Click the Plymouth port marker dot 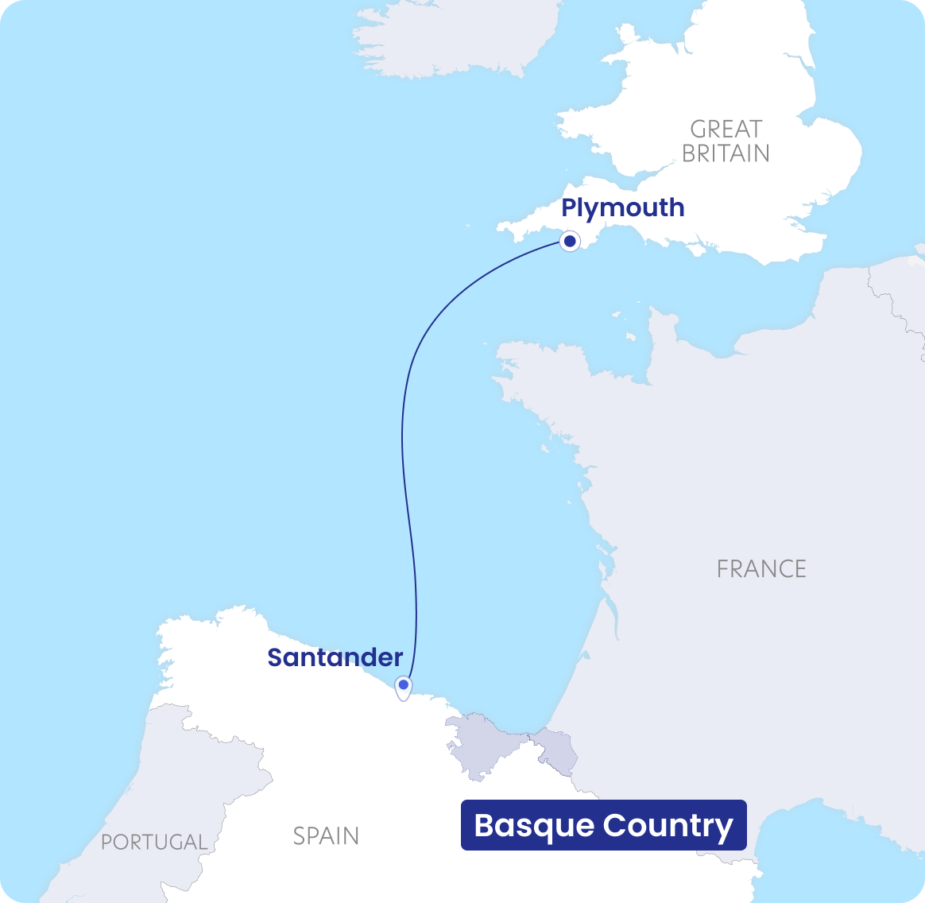[x=569, y=241]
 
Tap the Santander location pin [x=404, y=686]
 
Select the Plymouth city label [x=622, y=207]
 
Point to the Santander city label [x=335, y=657]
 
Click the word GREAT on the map [x=726, y=129]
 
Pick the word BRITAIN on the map [x=726, y=153]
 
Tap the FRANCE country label [x=761, y=569]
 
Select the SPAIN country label [x=326, y=836]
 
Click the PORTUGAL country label [x=154, y=842]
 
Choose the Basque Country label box [x=604, y=825]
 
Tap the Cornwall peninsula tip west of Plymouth [x=513, y=231]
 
